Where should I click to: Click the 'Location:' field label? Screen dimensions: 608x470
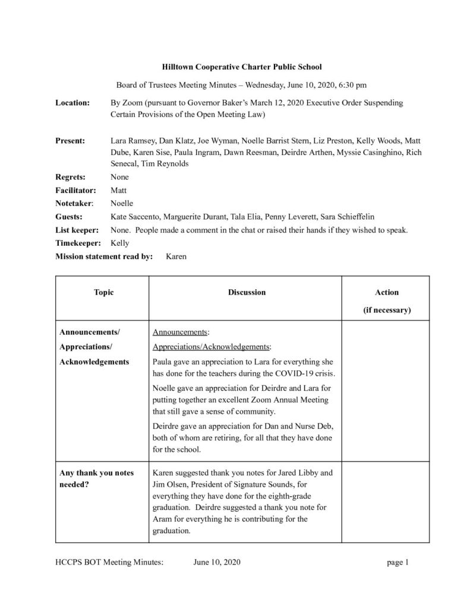pos(72,103)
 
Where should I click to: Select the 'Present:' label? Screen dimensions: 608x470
pos(70,141)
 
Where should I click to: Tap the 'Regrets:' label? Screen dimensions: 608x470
pos(70,177)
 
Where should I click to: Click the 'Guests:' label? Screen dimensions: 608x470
pos(69,217)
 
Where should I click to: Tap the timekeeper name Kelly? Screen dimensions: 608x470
pos(120,243)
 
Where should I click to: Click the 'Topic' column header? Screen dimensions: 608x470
pos(103,292)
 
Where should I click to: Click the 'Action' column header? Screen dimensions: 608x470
pos(387,292)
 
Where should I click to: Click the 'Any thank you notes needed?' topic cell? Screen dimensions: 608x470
pos(97,479)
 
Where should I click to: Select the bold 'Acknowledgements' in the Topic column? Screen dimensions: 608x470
pos(94,361)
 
